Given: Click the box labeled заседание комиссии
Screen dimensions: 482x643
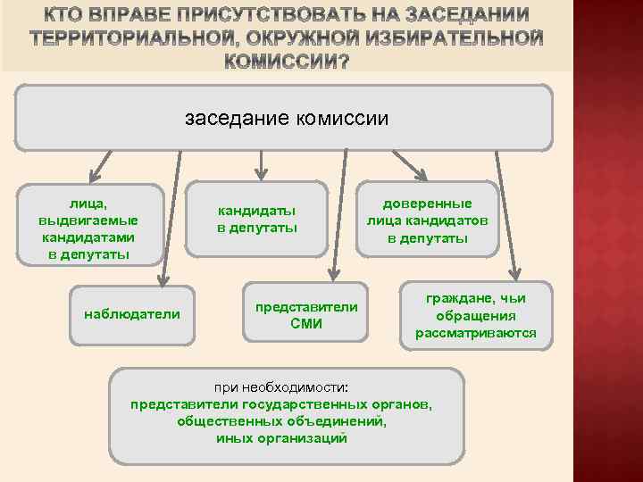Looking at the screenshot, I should point(286,118).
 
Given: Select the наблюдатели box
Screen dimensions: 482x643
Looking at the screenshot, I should point(131,313).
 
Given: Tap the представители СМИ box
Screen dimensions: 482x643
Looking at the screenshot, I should point(305,314).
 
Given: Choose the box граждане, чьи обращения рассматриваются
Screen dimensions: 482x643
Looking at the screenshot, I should point(475,315).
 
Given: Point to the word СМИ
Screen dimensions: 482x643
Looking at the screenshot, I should point(306,323).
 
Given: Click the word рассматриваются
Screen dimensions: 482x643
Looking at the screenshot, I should point(475,333).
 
